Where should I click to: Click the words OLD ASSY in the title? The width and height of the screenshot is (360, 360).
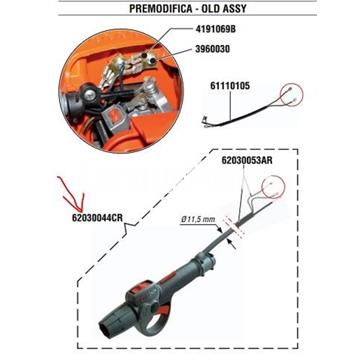223,8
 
